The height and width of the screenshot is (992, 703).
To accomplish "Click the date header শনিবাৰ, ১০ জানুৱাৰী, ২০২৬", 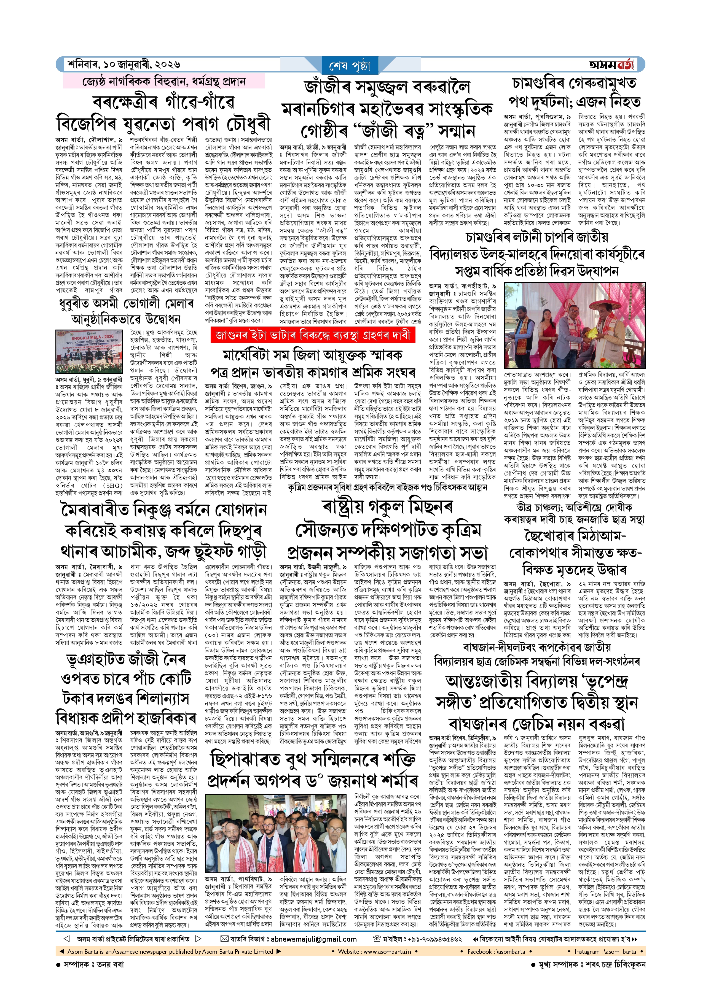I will click(124, 65).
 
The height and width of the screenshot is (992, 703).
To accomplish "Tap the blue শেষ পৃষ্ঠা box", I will click(350, 66).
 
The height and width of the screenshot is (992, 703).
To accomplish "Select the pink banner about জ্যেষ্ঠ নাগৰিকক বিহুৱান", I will click(164, 81).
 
